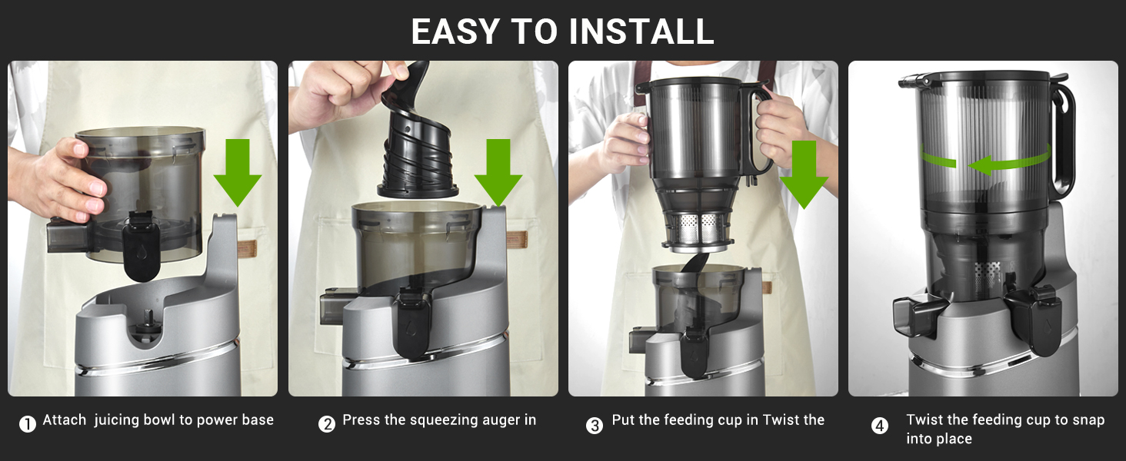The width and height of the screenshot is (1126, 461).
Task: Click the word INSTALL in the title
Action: tap(641, 32)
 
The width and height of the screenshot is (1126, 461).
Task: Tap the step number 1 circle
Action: tap(28, 424)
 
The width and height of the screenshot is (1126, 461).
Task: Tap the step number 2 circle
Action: tap(327, 424)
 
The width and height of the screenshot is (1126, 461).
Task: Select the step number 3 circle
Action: tap(595, 425)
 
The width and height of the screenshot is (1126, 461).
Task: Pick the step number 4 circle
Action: tap(880, 426)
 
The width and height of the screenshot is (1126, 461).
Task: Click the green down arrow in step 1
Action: tap(237, 173)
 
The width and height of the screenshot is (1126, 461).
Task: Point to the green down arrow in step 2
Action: tap(498, 173)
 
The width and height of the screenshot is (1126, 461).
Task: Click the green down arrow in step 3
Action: tap(804, 173)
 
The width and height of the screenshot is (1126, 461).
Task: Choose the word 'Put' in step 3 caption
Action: tap(624, 420)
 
